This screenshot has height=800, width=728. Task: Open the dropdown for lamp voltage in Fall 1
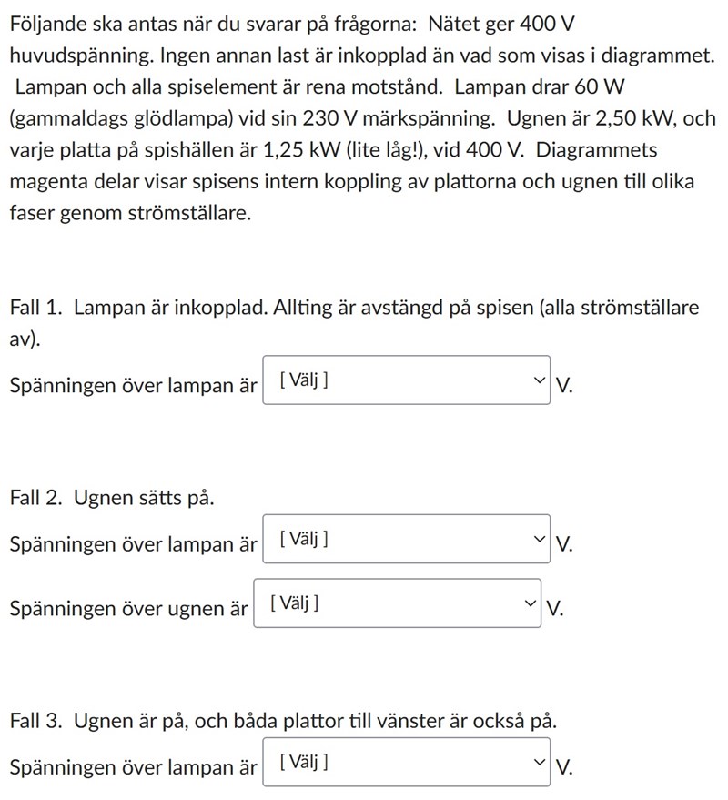[407, 380]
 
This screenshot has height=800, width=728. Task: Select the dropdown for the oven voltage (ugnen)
[397, 603]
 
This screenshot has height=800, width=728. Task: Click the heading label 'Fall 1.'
[36, 308]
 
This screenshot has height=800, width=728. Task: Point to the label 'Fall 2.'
[37, 498]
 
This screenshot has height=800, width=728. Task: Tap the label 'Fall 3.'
[37, 721]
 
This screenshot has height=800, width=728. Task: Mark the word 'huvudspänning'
[77, 56]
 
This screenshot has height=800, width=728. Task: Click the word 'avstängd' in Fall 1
[407, 308]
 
